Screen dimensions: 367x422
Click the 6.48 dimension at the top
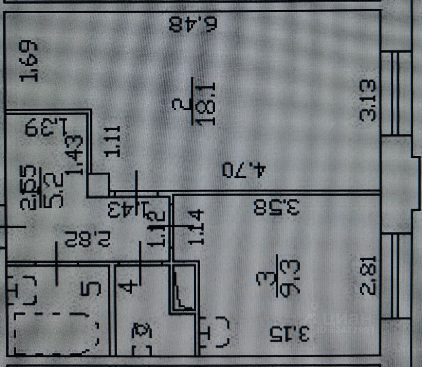[193, 24]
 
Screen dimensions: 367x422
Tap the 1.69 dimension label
[29, 61]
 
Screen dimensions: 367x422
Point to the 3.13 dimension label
[368, 100]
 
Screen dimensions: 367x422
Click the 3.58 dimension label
[277, 207]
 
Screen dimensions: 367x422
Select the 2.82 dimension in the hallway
[88, 239]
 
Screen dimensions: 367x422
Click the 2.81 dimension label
[368, 275]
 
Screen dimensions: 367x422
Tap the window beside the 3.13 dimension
[394, 93]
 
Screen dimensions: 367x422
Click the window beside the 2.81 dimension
[394, 275]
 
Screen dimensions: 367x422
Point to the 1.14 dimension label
[197, 228]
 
